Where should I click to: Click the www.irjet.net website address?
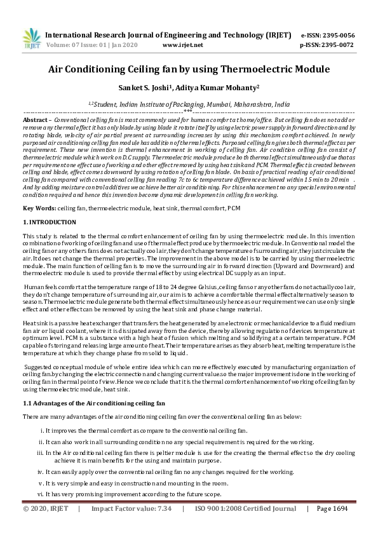pos(183,46)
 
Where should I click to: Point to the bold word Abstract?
pos(36,120)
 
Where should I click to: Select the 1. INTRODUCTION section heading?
pos(50,222)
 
